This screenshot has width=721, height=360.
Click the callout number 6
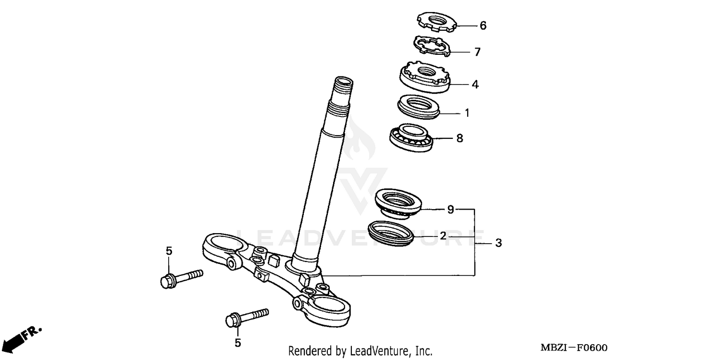(x=483, y=25)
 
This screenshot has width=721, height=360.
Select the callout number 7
(x=477, y=52)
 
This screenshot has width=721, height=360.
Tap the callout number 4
(x=475, y=85)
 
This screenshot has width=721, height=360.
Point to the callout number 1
(x=466, y=113)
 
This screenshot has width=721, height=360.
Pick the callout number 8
(x=460, y=138)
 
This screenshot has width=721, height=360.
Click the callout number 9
(x=450, y=210)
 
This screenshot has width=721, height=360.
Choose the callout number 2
(x=443, y=236)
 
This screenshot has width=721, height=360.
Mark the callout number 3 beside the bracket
(x=498, y=244)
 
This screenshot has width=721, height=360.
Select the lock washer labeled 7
(x=431, y=47)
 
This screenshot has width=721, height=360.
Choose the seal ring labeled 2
(x=390, y=233)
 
